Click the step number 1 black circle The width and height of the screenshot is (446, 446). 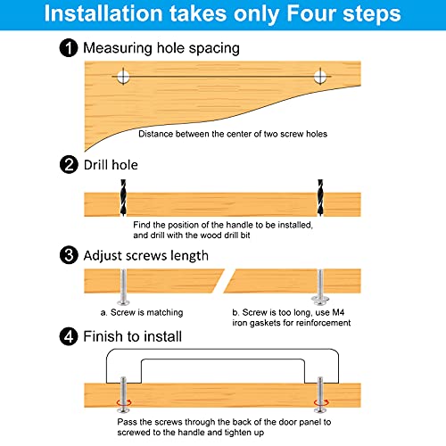point(69,48)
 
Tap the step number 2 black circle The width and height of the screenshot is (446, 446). point(69,165)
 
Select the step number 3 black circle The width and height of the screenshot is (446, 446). point(69,255)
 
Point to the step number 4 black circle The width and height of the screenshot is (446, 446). point(69,336)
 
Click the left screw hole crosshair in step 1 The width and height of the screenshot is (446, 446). point(123,77)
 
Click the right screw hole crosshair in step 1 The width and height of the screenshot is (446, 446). point(320,77)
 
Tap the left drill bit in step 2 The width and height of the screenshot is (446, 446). point(123,197)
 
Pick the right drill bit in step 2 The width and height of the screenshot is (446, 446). point(320,197)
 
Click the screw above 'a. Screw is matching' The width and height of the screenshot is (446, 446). point(123,287)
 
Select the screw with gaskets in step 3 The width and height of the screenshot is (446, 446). point(320,287)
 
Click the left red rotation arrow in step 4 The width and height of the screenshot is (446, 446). point(124,403)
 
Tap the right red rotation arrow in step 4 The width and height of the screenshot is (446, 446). point(321,403)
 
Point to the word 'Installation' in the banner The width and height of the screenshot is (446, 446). point(103,13)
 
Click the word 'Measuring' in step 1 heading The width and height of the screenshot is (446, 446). point(118,48)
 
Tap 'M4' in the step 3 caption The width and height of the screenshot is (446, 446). point(338,312)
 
